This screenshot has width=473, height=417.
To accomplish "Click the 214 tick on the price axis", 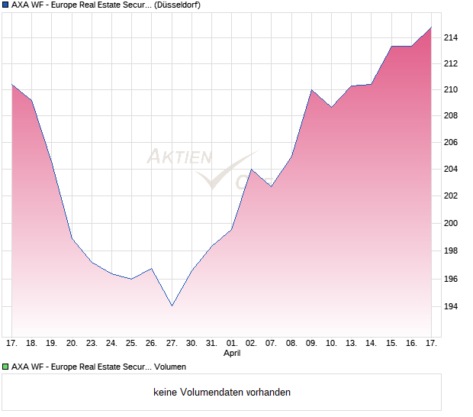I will pos(452,37).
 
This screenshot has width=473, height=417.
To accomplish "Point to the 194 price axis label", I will pos(452,307).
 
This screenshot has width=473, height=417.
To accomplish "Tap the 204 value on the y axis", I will pos(452,169).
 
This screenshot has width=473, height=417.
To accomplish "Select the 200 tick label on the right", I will pos(452,224).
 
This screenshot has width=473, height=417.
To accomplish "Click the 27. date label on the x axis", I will pos(172,343).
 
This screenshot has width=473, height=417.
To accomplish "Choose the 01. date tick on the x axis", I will pos(232,343).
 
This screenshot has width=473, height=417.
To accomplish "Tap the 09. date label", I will pos(312,343).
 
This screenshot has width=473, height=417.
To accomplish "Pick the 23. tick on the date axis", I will pos(92,343).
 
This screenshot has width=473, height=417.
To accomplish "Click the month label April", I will pos(232,354).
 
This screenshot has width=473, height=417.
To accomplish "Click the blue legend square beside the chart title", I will pos(6,5).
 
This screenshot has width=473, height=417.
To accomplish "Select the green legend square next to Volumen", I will pos(6,367).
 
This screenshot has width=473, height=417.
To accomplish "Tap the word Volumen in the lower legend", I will pos(170,367).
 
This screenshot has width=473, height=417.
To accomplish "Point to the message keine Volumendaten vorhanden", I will pos(222,393).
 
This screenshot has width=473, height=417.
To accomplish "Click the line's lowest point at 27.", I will pos(172,306).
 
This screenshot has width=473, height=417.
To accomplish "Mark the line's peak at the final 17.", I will pos(432,27).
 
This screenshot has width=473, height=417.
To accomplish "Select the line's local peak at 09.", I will pos(312,90).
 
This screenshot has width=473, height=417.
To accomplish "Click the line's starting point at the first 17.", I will pos(12,84).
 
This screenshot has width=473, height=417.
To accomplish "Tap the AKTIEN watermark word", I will pos(179,157).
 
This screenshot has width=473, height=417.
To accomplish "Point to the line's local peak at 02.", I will pos(252,170).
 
